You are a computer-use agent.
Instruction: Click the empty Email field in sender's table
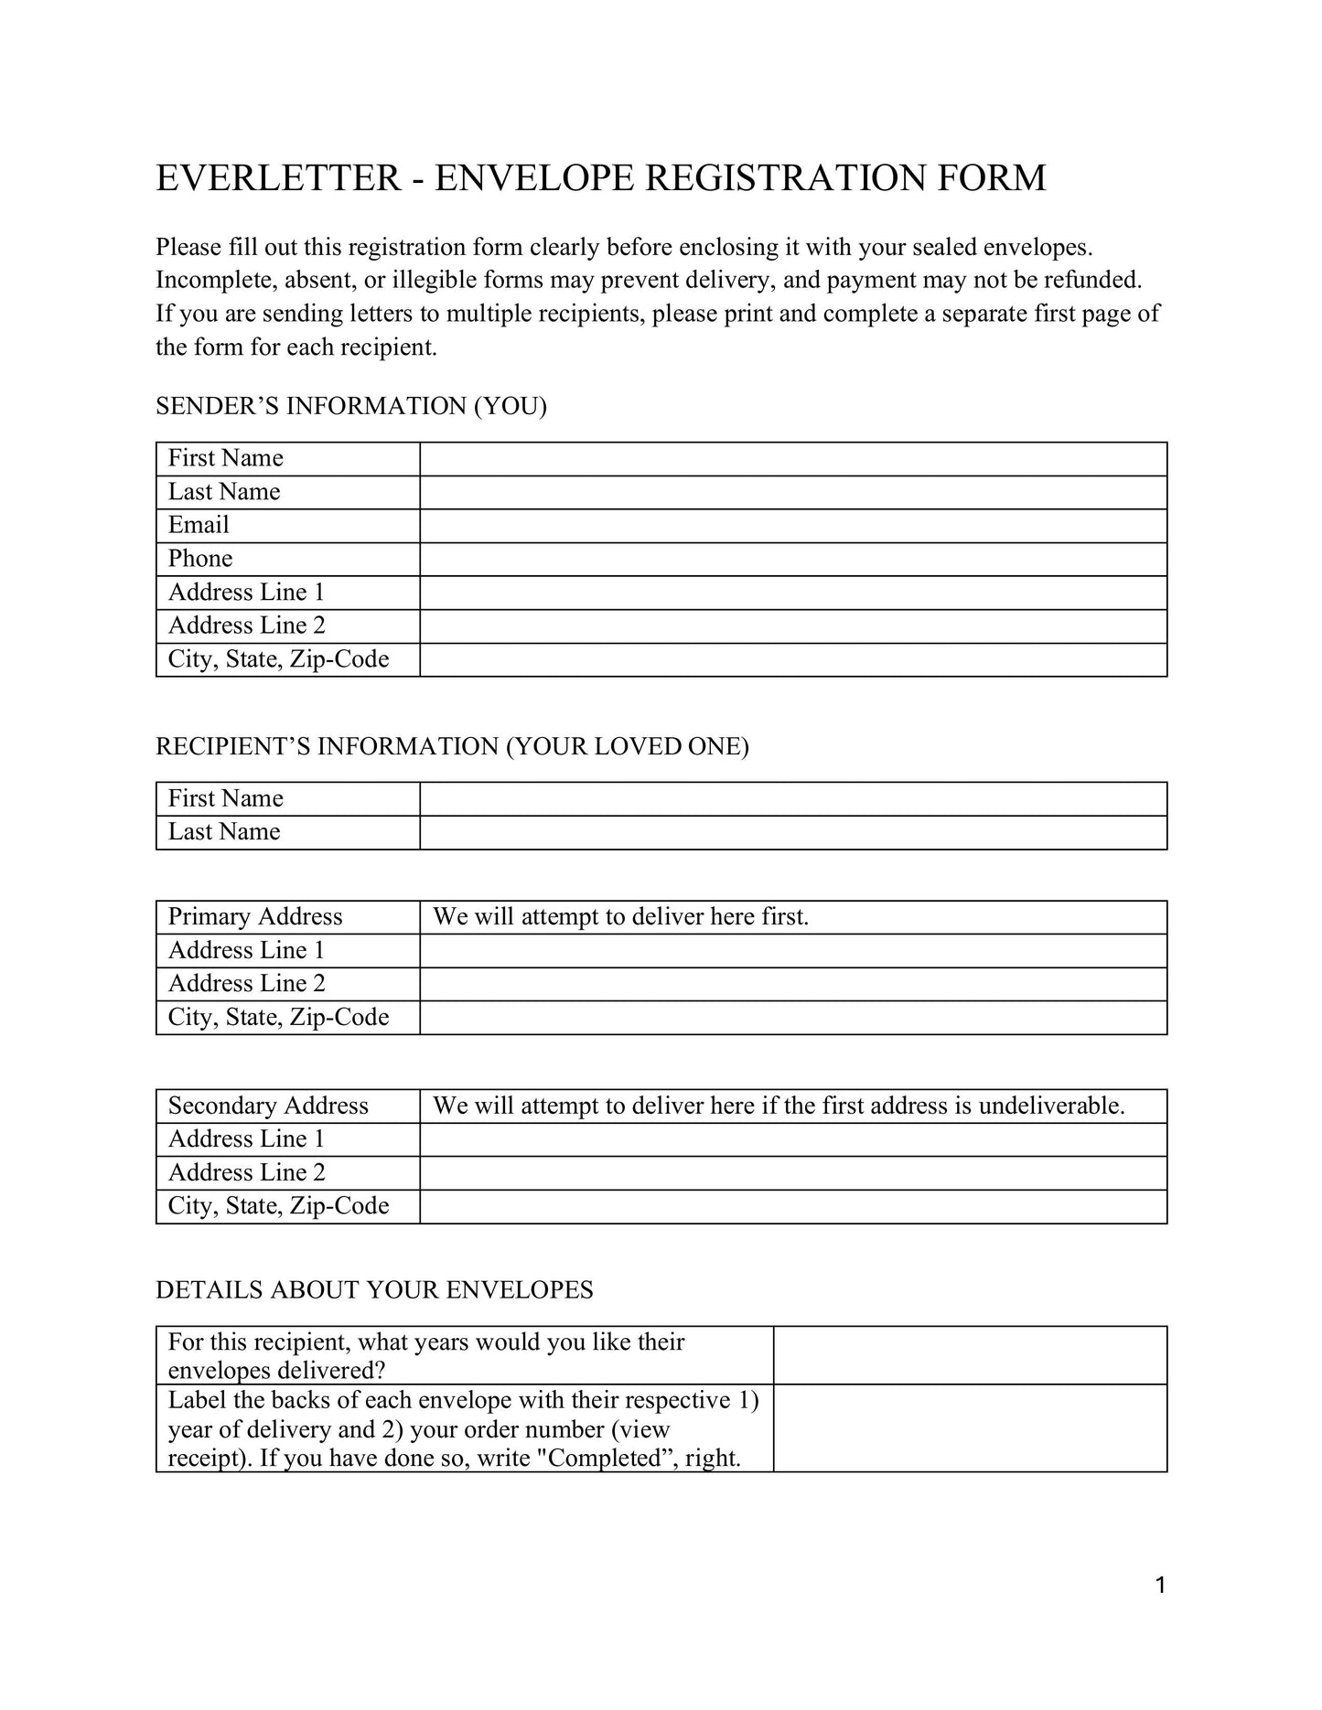point(792,526)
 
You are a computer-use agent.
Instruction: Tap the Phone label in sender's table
point(200,559)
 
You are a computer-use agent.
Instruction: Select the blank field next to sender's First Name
point(792,459)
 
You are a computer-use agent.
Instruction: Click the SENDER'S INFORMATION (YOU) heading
point(351,406)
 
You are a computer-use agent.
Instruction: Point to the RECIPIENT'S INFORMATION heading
point(452,746)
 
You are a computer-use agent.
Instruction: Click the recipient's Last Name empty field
point(792,832)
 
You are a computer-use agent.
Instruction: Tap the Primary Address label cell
point(255,917)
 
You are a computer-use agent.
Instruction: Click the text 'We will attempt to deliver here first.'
point(620,917)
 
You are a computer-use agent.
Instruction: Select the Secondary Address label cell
point(268,1106)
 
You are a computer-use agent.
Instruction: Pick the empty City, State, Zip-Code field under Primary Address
point(792,1018)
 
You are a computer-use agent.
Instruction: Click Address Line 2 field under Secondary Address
point(792,1173)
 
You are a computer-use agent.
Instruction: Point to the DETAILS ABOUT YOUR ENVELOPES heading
point(374,1290)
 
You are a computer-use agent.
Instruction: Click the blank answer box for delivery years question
point(970,1355)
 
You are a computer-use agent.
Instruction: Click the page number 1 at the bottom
point(1160,1586)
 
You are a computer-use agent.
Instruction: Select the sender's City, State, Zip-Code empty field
point(792,660)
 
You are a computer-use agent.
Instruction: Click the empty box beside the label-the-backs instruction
point(970,1427)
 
